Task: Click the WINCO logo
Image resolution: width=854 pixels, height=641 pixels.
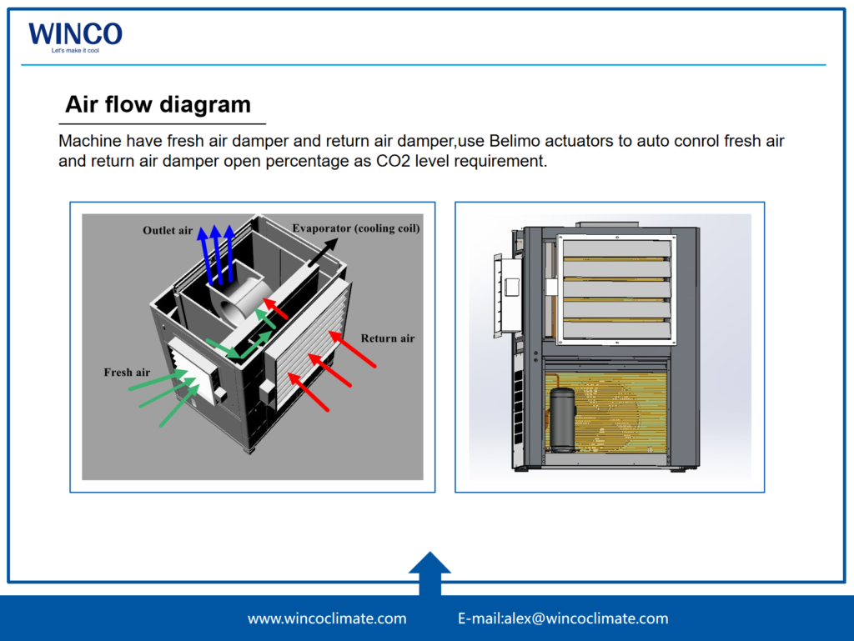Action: pyautogui.click(x=75, y=34)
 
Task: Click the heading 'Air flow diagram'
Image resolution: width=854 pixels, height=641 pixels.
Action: pyautogui.click(x=158, y=104)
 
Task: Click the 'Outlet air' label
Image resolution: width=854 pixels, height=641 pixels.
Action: pyautogui.click(x=168, y=230)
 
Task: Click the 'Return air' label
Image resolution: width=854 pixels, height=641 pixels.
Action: pyautogui.click(x=387, y=338)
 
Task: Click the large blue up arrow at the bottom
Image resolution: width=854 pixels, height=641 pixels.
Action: pyautogui.click(x=430, y=573)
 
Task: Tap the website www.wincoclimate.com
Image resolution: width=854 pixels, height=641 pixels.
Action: pyautogui.click(x=327, y=618)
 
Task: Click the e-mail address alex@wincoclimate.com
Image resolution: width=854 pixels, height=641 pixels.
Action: pyautogui.click(x=563, y=618)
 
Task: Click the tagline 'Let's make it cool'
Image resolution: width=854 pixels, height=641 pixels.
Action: pyautogui.click(x=74, y=51)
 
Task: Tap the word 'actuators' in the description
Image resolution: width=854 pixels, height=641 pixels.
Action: pyautogui.click(x=579, y=140)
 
